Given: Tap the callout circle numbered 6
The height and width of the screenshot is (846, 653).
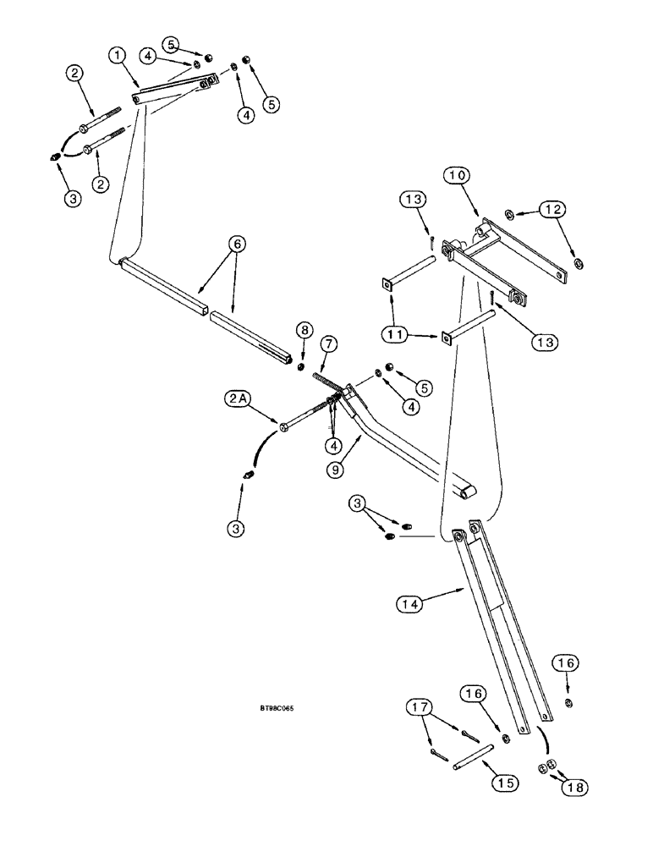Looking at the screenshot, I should [238, 244].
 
